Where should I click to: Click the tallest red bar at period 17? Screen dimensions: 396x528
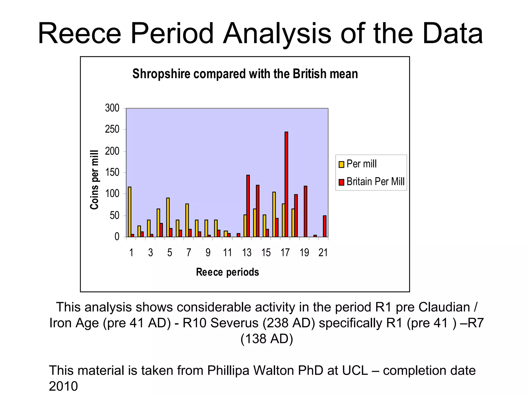(x=286, y=184)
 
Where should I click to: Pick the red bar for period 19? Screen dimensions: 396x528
(x=306, y=211)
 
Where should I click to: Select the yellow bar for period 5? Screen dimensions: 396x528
(x=168, y=217)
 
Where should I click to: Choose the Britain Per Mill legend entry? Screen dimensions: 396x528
(x=372, y=182)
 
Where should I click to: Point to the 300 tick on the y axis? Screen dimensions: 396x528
(x=112, y=108)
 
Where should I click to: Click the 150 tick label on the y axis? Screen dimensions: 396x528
(x=112, y=172)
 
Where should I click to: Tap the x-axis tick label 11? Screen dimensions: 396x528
(x=227, y=252)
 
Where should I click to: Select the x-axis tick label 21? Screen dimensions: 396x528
(x=323, y=252)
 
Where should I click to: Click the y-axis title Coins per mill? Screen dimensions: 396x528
(x=95, y=179)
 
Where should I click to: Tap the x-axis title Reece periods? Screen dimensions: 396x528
(x=227, y=272)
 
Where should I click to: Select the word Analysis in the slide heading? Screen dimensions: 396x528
(x=277, y=34)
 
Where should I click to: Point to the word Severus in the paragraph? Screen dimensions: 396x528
(x=234, y=323)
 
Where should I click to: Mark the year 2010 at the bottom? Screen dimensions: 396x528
(x=63, y=386)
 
